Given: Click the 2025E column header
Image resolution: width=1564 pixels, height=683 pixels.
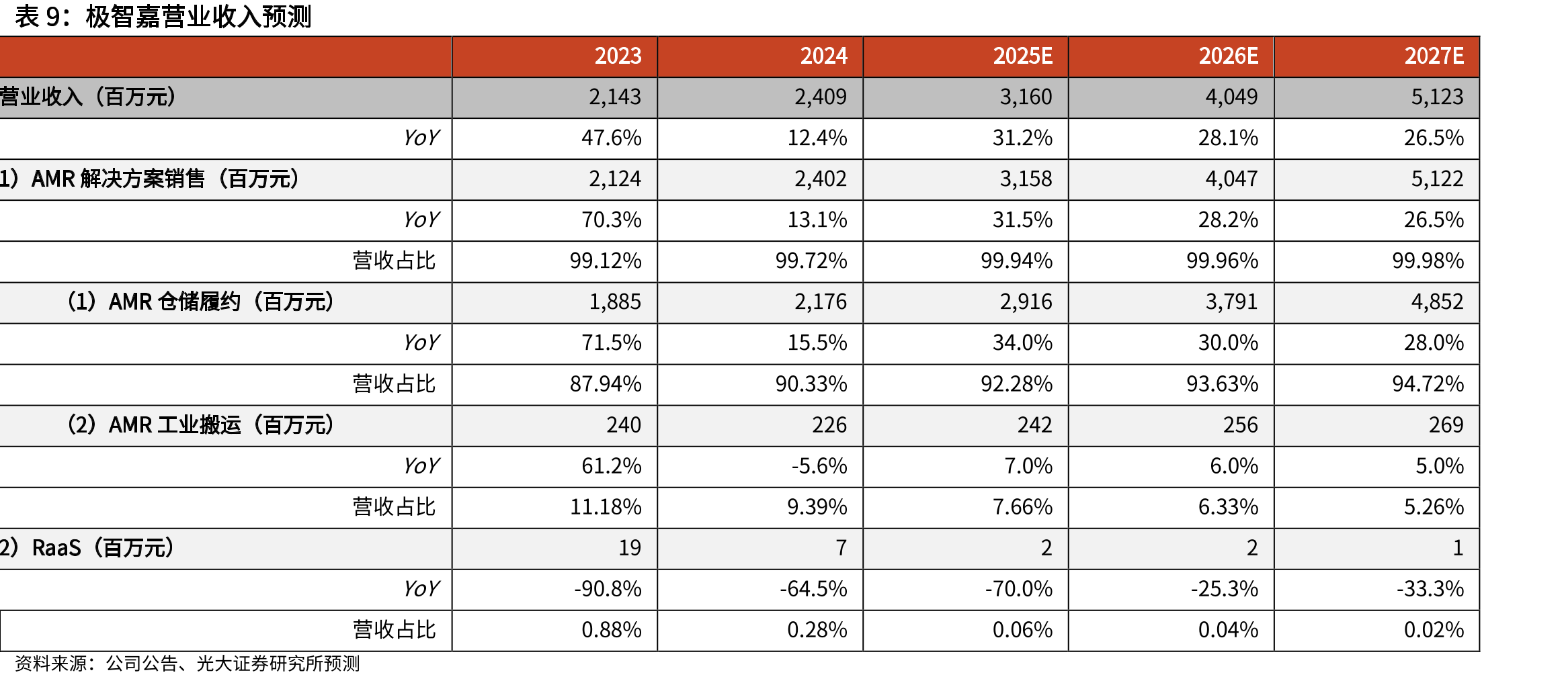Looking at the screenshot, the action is [1022, 56].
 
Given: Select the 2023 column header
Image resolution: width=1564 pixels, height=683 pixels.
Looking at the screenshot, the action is [618, 56].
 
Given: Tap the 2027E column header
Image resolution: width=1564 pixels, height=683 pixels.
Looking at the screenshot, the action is [1434, 56].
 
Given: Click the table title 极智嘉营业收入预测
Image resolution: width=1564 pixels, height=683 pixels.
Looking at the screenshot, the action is [198, 17].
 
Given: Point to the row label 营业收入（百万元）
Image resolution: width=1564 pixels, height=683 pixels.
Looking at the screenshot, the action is [89, 97].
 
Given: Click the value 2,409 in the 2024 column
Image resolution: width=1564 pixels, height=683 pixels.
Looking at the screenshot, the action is [820, 97].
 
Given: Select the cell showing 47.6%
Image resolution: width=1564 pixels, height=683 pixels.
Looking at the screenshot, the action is [611, 138].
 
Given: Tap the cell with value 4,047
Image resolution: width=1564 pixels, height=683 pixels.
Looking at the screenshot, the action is [1231, 179].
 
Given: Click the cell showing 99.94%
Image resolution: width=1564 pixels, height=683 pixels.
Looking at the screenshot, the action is [1016, 261].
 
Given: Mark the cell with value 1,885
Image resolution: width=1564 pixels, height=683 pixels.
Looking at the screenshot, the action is [615, 302].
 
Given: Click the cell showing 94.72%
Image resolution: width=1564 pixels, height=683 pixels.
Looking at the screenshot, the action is [1428, 384].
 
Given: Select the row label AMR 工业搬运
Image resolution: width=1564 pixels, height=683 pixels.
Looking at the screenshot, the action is [175, 425].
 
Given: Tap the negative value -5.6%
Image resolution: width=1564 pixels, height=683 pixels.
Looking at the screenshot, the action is [819, 466].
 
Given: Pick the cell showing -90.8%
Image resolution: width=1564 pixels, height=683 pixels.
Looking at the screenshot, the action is [608, 589].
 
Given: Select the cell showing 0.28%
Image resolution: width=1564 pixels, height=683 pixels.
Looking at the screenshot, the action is [817, 630].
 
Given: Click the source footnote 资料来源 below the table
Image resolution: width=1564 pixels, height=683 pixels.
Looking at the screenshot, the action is [188, 664].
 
